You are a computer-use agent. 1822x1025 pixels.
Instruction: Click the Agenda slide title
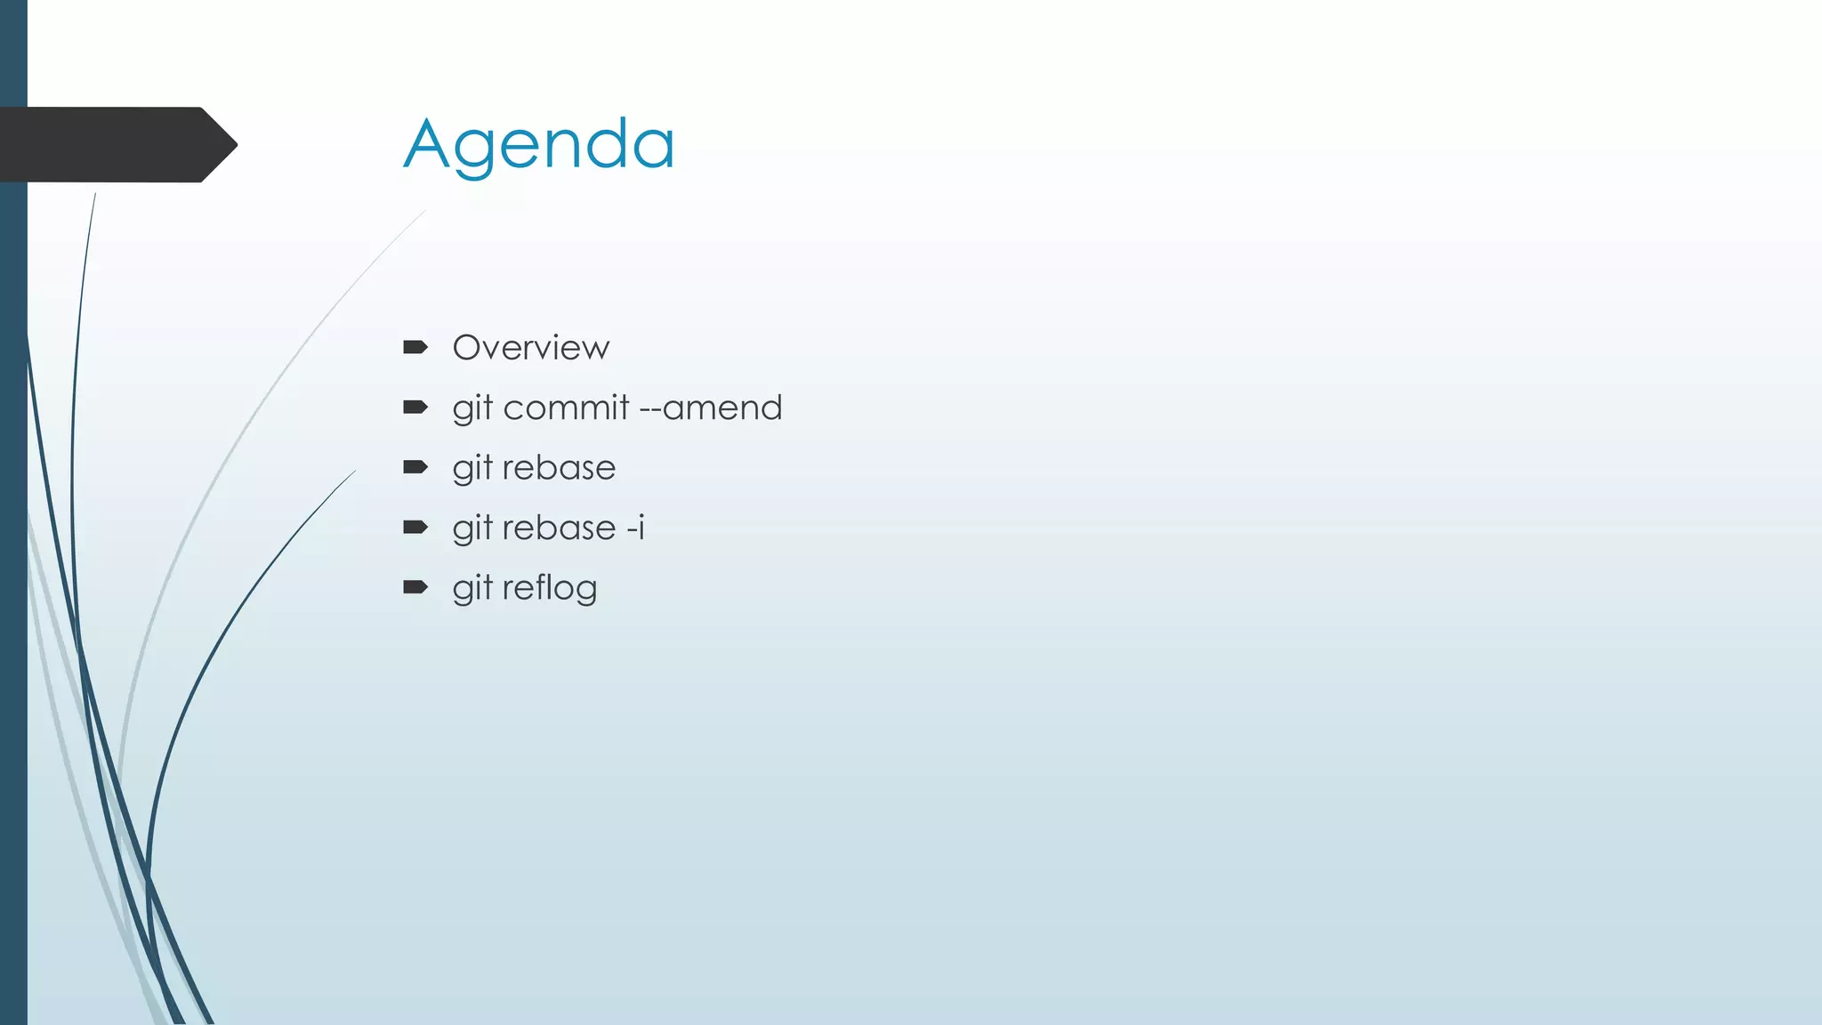click(x=539, y=145)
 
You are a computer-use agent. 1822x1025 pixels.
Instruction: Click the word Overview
click(x=531, y=348)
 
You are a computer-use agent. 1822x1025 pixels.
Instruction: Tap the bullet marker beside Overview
click(x=415, y=347)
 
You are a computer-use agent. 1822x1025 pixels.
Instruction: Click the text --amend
click(x=711, y=408)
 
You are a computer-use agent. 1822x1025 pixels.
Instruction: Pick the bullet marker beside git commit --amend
click(x=415, y=408)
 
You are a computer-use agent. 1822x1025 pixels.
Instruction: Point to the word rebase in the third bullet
click(x=559, y=468)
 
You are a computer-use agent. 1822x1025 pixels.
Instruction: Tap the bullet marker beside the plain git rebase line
click(x=415, y=467)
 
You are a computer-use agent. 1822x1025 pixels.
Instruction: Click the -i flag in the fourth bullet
click(x=635, y=528)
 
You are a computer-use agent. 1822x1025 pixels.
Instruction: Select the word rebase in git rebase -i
click(x=559, y=529)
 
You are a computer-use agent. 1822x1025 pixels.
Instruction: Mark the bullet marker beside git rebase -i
click(x=415, y=528)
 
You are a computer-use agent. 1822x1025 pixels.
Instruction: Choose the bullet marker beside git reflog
click(x=415, y=587)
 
